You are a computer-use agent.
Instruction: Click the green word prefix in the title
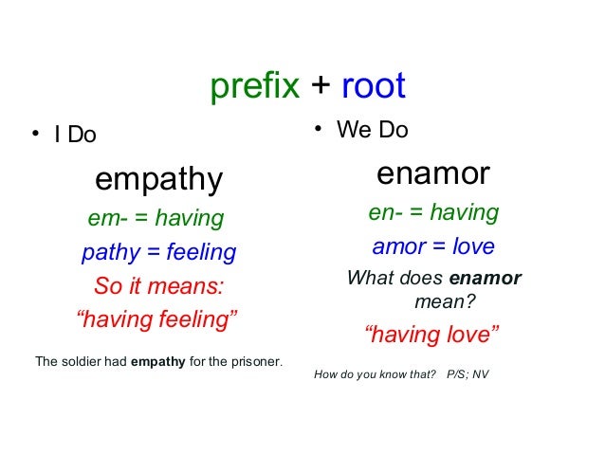[255, 87]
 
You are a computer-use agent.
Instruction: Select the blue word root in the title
[373, 86]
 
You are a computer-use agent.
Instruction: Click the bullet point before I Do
[34, 136]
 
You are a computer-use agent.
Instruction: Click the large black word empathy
[158, 179]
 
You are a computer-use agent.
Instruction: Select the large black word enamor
[432, 174]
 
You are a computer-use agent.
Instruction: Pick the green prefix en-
[386, 213]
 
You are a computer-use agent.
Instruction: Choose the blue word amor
[398, 247]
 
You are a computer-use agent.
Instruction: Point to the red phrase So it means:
[160, 286]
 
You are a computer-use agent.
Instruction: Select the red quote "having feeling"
[157, 320]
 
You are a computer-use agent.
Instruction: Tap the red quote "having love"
[431, 334]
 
